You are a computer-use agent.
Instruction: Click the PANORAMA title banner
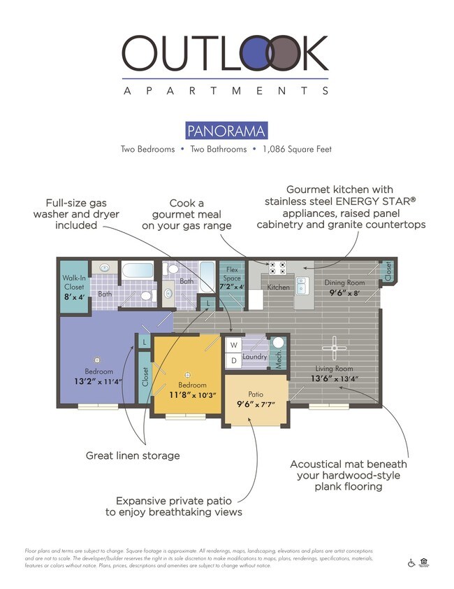pos(226,131)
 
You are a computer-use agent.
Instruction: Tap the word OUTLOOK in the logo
pos(225,54)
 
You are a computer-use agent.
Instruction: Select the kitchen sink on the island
pos(302,285)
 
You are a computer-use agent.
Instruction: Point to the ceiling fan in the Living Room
pos(335,347)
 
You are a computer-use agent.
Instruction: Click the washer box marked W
pos(233,346)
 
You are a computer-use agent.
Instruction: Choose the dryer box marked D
pos(233,361)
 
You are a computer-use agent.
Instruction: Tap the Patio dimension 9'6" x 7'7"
pos(255,404)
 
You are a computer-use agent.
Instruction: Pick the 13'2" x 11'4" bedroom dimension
pos(98,381)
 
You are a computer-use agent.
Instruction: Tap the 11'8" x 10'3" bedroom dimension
pos(192,395)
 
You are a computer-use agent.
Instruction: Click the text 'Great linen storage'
pos(133,455)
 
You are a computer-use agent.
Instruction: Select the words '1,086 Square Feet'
pos(297,149)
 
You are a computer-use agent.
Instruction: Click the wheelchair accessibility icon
pos(411,562)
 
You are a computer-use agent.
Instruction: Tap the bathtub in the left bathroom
pos(136,271)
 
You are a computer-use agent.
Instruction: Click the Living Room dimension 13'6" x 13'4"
pos(335,379)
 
